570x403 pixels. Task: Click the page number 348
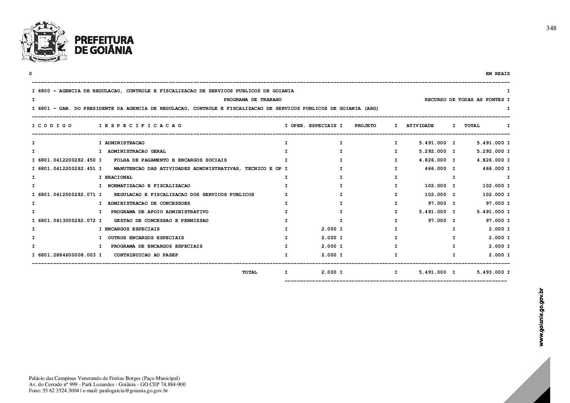pyautogui.click(x=551, y=28)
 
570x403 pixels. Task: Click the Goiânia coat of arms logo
pyautogui.click(x=44, y=41)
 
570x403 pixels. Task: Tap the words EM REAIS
pyautogui.click(x=498, y=74)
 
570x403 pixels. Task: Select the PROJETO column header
pyautogui.click(x=365, y=126)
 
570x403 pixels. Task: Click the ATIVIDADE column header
pyautogui.click(x=420, y=126)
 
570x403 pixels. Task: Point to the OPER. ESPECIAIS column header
pyautogui.click(x=313, y=126)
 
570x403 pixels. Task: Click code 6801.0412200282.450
pyautogui.click(x=67, y=160)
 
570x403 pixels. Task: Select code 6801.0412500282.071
pyautogui.click(x=67, y=195)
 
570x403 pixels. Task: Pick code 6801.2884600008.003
pyautogui.click(x=67, y=255)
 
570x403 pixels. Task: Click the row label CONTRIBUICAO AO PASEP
pyautogui.click(x=146, y=255)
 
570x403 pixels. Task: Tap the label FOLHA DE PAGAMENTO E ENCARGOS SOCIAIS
pyautogui.click(x=170, y=160)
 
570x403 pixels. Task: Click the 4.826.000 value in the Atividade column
pyautogui.click(x=433, y=160)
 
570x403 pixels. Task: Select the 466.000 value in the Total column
pyautogui.click(x=493, y=169)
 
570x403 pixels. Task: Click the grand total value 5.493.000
pyautogui.click(x=490, y=272)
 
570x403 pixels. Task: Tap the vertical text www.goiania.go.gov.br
pyautogui.click(x=541, y=317)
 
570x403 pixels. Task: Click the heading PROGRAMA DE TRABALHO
pyautogui.click(x=253, y=100)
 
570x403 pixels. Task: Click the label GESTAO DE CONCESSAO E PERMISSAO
pyautogui.click(x=161, y=221)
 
